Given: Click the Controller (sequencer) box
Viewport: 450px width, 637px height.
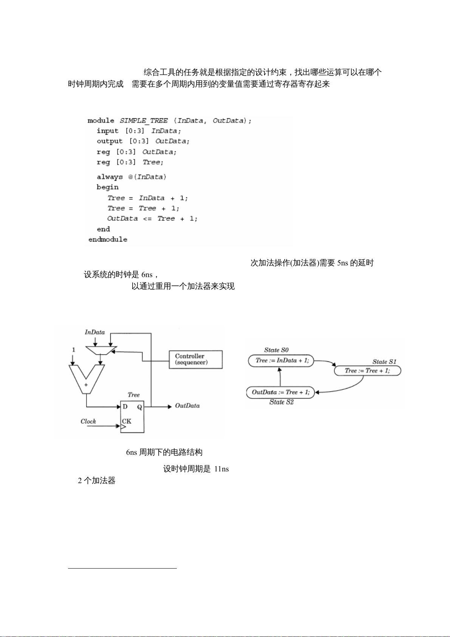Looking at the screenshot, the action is coord(196,360).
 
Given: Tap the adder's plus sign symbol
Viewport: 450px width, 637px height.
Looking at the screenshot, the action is coord(86,385).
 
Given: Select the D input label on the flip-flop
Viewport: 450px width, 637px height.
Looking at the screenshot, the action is coord(125,407).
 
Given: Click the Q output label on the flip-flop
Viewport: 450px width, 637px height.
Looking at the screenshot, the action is coord(139,407).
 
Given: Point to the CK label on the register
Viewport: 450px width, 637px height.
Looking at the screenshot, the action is coord(127,421).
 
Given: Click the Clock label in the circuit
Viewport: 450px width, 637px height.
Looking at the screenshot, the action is coord(88,421).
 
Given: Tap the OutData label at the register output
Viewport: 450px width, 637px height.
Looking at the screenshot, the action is coord(187,406).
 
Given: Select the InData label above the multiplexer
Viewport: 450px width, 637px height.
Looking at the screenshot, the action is coord(95,332).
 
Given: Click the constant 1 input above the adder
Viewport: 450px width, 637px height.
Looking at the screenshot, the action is coord(74,350).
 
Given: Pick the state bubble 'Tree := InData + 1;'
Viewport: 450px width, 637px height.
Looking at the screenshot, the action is coord(281,361).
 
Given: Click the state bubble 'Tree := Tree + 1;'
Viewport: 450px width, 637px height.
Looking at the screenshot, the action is coord(367,371).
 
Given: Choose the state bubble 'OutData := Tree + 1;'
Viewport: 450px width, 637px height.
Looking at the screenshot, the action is coord(281,392).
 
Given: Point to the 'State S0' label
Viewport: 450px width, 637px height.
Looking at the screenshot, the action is coord(276,350).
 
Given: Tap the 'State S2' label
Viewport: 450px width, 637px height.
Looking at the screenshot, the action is coord(281,402).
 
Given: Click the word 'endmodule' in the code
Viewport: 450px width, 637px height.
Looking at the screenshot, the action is coord(108,239).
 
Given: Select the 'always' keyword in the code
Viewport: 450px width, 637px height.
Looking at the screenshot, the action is coord(110,177).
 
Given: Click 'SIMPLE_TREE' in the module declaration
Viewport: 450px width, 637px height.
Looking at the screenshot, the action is coord(144,121).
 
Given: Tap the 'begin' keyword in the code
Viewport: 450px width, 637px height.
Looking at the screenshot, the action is coord(107,188).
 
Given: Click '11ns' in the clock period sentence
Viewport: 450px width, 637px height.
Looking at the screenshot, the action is coord(221,469).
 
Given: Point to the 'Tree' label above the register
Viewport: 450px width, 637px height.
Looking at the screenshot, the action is coord(134,395).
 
